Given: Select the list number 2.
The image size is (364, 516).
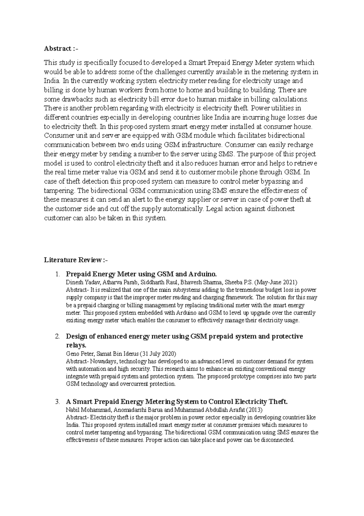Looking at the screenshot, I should coord(58,337).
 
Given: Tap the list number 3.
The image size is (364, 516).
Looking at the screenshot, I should coord(58,402).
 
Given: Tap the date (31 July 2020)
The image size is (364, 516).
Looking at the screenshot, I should coord(157,354).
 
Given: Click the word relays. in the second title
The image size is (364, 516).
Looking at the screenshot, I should coord(76,345).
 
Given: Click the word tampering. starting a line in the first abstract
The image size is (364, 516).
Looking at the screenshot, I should coord(59,191).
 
